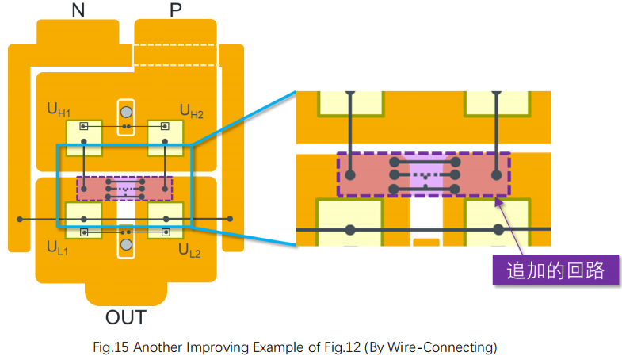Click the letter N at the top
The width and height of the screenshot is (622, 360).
78,10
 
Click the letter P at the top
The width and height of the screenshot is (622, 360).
175,10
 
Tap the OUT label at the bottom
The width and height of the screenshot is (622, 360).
126,319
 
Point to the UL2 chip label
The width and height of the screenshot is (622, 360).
191,251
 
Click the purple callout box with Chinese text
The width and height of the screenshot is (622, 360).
552,270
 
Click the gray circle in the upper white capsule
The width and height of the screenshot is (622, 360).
125,109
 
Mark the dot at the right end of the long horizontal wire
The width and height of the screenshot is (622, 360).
231,218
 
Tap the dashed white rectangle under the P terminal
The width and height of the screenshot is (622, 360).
175,55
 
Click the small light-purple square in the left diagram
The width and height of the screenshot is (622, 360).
125,189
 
